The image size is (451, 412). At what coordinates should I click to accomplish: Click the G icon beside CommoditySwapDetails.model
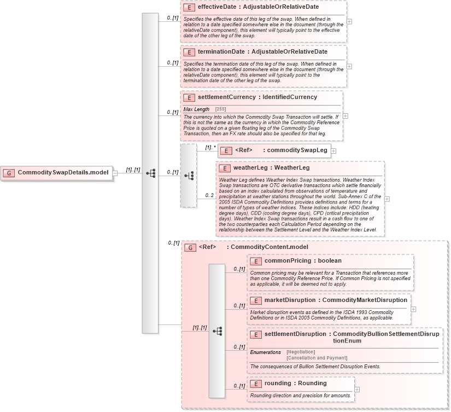click(9, 173)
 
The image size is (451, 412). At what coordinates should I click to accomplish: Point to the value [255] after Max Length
click(220, 109)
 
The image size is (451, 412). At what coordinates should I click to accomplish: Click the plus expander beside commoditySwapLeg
click(333, 150)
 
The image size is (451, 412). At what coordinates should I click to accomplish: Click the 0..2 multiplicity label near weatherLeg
click(209, 195)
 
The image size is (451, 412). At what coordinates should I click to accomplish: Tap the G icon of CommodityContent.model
click(190, 247)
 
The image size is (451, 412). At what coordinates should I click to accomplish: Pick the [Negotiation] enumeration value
click(301, 352)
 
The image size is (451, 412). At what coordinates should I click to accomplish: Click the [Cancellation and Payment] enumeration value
click(317, 357)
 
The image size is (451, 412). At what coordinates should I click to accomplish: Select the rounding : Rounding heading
click(295, 384)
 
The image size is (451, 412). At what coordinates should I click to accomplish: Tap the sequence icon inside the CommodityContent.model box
click(217, 331)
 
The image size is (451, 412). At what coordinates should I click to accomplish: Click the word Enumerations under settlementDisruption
click(265, 352)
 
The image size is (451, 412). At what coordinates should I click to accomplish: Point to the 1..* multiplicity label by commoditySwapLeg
click(210, 147)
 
